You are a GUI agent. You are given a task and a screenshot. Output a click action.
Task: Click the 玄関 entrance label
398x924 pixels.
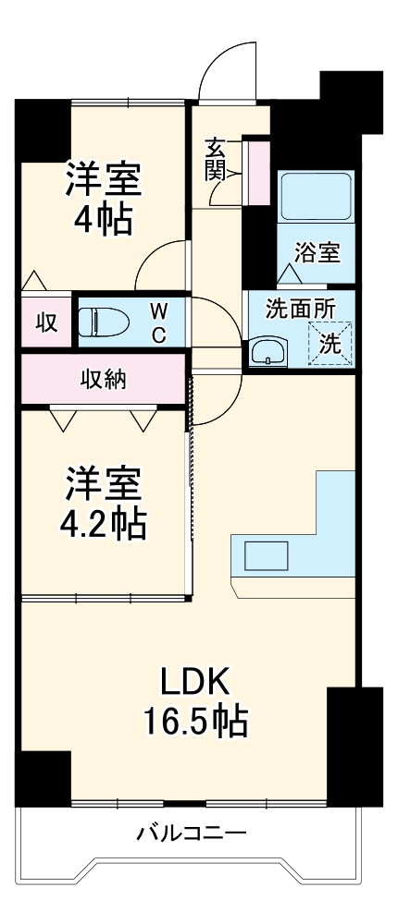[x=216, y=158]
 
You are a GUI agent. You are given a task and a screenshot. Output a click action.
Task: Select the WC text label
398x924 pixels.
[x=158, y=322]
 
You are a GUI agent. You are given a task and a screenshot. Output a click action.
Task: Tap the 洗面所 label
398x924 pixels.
[x=300, y=309]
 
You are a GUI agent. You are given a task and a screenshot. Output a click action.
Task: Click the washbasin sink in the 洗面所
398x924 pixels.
[x=267, y=352]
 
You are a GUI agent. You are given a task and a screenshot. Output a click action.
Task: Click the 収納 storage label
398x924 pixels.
[x=103, y=379]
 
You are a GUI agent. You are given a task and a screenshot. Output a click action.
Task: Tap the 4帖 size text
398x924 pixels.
[x=102, y=220]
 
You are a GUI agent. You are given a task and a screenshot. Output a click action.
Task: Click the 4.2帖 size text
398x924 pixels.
[x=103, y=524]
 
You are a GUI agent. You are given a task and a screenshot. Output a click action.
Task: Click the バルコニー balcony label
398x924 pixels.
[x=192, y=834]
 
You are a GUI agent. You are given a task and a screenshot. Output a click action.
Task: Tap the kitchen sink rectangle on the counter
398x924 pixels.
[x=267, y=555]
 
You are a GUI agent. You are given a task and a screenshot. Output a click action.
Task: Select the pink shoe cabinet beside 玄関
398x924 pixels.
[x=255, y=171]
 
